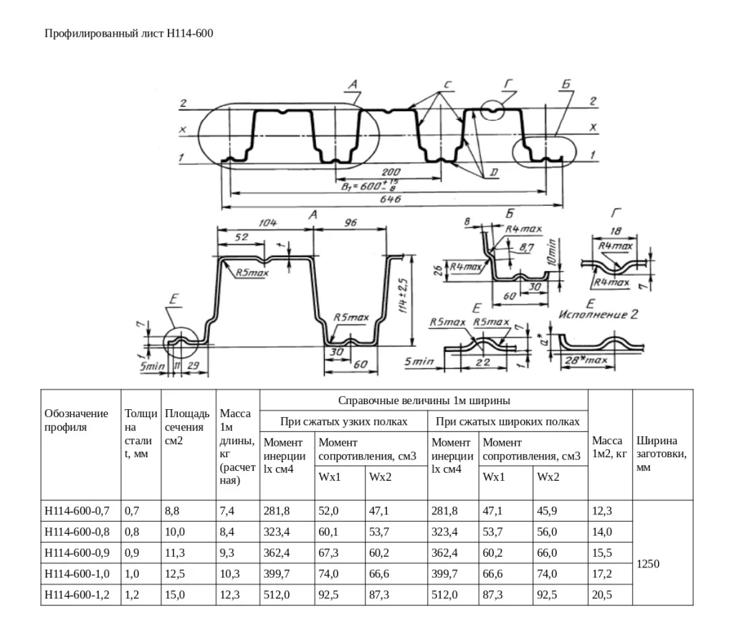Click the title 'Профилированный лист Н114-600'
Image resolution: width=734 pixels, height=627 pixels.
coord(129,33)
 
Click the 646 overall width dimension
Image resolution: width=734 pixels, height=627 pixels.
coord(391,199)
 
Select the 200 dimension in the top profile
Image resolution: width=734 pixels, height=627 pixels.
coord(391,172)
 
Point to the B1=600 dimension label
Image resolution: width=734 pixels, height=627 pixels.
coord(370,186)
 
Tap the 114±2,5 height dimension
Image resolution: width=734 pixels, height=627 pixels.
coord(404,296)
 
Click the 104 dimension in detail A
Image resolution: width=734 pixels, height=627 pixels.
coord(267,223)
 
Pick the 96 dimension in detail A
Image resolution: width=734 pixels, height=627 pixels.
coord(351,223)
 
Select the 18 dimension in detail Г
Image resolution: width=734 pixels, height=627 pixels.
coord(616,231)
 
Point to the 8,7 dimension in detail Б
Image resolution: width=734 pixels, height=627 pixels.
coord(527,247)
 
